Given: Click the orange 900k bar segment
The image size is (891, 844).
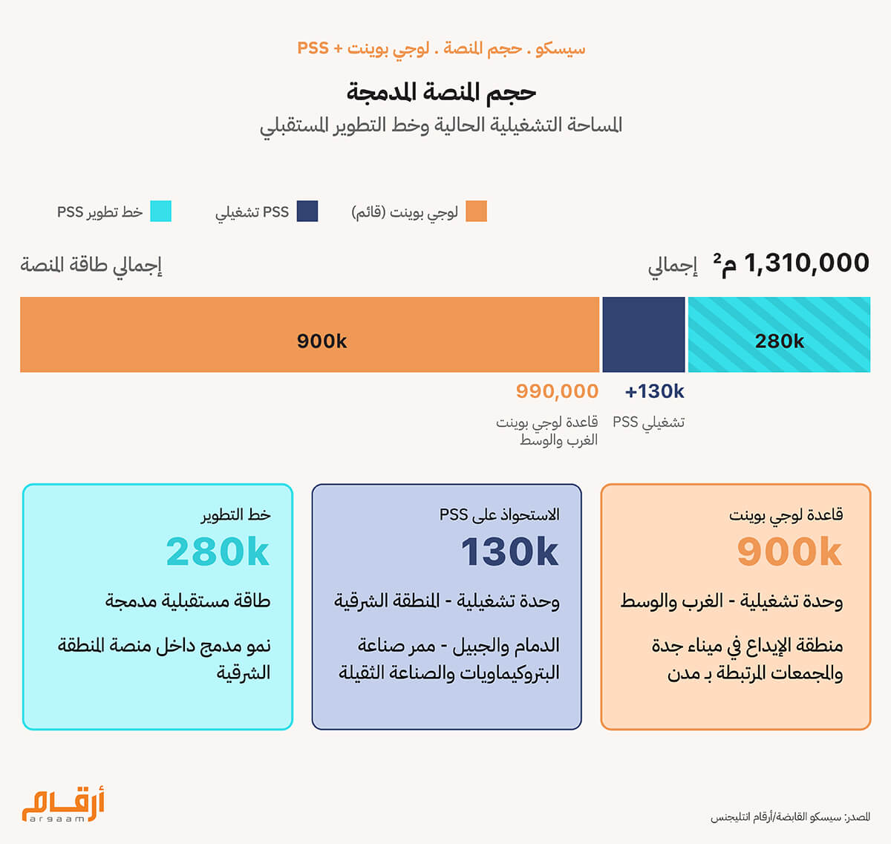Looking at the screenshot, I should (x=309, y=335).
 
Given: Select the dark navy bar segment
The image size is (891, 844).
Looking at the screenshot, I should (x=643, y=335).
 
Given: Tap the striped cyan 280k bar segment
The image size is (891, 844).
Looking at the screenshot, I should (x=779, y=335).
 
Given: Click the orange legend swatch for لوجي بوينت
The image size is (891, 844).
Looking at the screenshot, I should (x=476, y=212).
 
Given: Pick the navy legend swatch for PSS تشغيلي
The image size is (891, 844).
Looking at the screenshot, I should (x=307, y=212).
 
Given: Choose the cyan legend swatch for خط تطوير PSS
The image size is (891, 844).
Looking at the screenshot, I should (x=160, y=212).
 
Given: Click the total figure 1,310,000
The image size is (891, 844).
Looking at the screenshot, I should (x=806, y=263).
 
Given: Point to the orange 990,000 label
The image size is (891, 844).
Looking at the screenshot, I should (x=557, y=391).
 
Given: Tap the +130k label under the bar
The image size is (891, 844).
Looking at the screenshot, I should (x=654, y=391).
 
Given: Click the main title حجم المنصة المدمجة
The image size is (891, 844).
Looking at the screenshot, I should (x=441, y=92).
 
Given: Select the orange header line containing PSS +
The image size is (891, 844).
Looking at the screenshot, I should (x=441, y=49).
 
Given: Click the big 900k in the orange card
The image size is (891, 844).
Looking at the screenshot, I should (x=789, y=552).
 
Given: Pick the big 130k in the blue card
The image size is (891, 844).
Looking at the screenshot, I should (x=509, y=552).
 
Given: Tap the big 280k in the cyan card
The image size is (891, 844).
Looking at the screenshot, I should (x=218, y=552).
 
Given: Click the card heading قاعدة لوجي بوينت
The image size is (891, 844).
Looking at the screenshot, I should (x=786, y=514).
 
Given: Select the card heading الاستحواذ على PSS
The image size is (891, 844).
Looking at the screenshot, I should (x=499, y=514).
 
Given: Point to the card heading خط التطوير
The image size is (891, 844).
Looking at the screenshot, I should (x=235, y=514).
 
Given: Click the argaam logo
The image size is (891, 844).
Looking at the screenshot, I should (x=63, y=805).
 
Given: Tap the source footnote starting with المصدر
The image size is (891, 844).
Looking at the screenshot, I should (x=790, y=817).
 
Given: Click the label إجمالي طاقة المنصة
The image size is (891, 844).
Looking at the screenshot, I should (x=91, y=265).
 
